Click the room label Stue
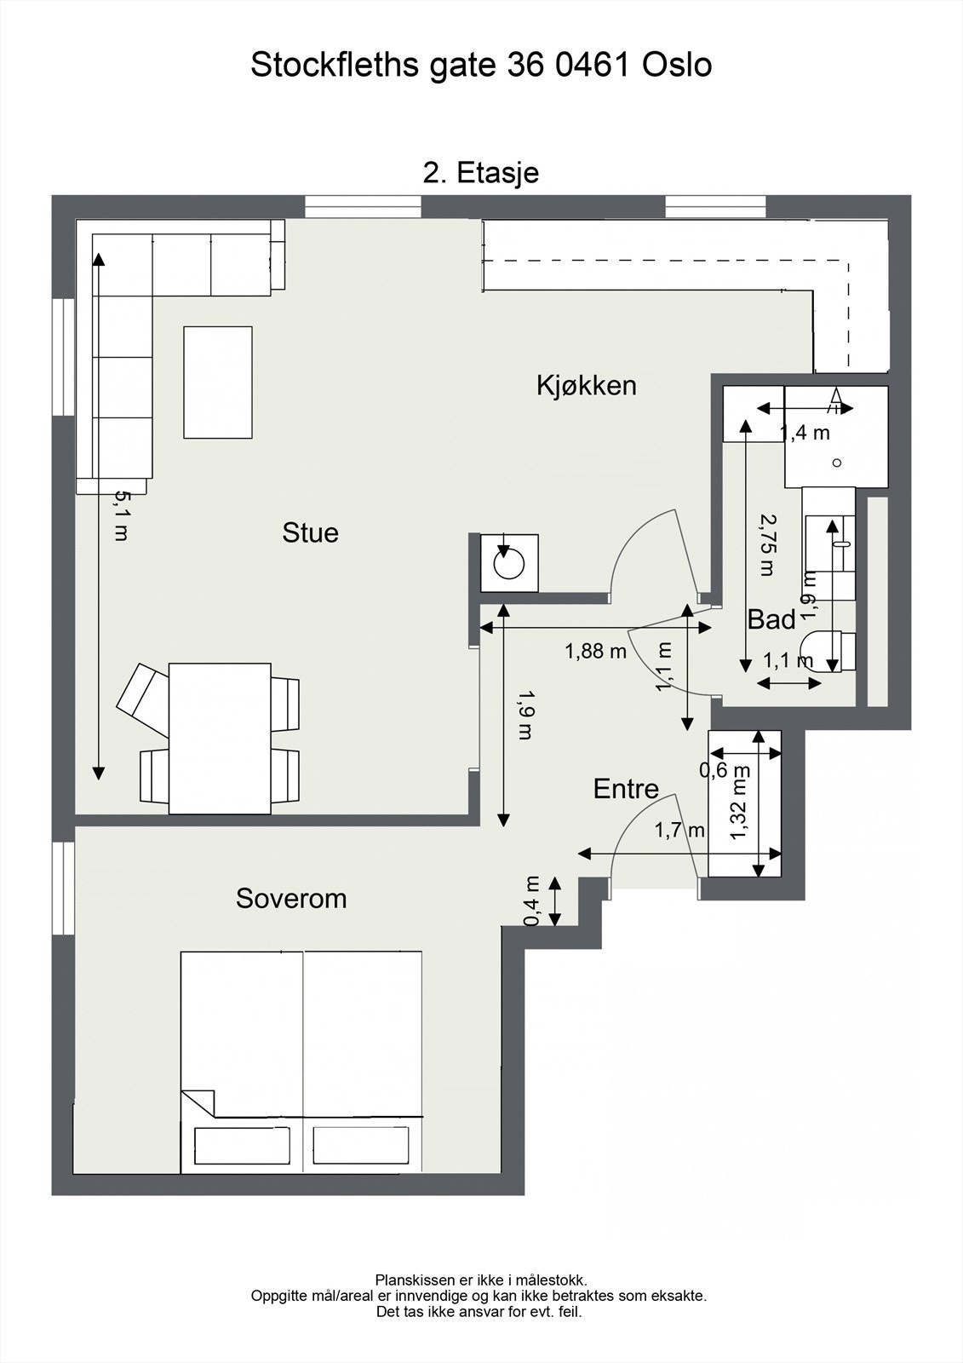click(x=310, y=533)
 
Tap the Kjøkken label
click(x=587, y=386)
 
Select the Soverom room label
click(x=291, y=898)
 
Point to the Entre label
click(x=626, y=789)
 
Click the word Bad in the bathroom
click(x=771, y=620)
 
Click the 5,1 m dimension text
click(x=122, y=516)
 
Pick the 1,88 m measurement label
click(x=595, y=652)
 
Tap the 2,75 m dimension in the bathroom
click(x=768, y=545)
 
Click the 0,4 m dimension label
click(x=532, y=900)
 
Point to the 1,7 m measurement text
click(x=679, y=830)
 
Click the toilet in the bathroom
click(x=828, y=652)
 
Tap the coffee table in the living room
click(x=218, y=382)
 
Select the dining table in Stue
click(x=220, y=739)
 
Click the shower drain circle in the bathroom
click(x=836, y=463)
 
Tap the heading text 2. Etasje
click(x=481, y=174)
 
